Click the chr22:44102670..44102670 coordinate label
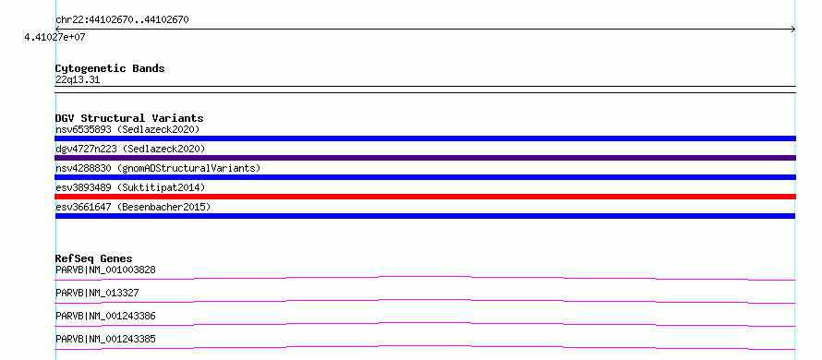[x=122, y=20]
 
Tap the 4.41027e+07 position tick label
[x=54, y=37]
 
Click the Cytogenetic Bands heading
[x=110, y=68]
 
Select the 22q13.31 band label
[x=78, y=80]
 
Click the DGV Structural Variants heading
[x=129, y=118]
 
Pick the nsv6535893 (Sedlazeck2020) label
[x=127, y=129]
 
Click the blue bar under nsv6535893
[x=425, y=138]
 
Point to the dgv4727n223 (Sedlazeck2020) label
[x=130, y=149]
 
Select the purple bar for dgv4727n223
[x=425, y=158]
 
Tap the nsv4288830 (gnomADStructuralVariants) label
[x=158, y=168]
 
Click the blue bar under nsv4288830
[x=425, y=177]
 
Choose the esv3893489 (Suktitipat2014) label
[x=130, y=187]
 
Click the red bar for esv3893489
[x=425, y=197]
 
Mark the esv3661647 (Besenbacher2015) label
[x=133, y=207]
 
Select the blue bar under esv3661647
[x=425, y=216]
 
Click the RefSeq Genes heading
[x=94, y=258]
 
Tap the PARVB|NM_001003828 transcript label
[x=105, y=270]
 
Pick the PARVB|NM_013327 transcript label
[x=97, y=293]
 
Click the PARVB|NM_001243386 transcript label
[x=105, y=316]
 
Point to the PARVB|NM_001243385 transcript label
[x=105, y=339]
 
